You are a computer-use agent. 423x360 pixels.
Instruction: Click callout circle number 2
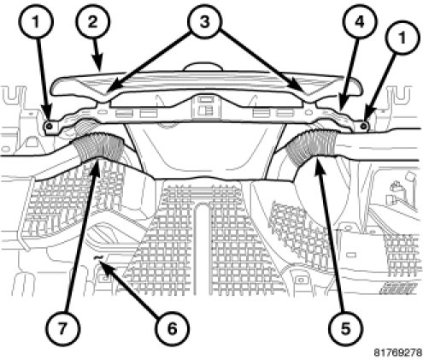(93, 22)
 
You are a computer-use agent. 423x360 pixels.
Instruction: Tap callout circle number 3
(204, 22)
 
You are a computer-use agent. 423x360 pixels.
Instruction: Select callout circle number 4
(360, 22)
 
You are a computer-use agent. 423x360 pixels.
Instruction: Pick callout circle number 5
(345, 328)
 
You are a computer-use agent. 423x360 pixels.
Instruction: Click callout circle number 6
(172, 328)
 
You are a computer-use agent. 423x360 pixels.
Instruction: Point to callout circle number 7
(62, 328)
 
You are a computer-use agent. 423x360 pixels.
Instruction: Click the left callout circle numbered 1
(35, 22)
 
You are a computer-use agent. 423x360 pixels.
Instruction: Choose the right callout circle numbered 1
(402, 38)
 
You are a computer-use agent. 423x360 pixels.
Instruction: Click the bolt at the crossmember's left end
(50, 126)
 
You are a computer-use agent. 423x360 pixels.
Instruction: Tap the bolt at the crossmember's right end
(363, 126)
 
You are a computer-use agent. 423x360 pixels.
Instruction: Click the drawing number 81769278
(397, 352)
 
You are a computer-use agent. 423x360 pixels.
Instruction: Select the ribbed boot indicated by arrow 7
(99, 144)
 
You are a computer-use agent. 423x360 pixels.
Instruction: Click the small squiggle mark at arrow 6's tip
(98, 257)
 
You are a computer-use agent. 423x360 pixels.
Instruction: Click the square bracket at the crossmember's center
(207, 106)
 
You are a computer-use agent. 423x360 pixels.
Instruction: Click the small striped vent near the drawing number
(397, 288)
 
